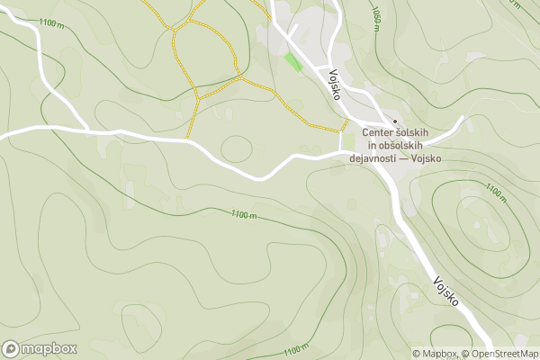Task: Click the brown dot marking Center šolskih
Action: [394, 121]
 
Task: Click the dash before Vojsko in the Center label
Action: [404, 159]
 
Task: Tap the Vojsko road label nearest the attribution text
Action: [446, 291]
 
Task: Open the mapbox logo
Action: [39, 348]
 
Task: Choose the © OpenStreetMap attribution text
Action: [499, 354]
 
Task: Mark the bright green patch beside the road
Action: [293, 62]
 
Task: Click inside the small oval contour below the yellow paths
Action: [237, 148]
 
